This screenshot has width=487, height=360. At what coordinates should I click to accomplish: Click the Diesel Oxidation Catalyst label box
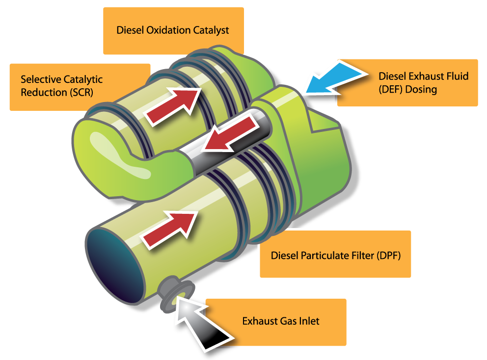173,30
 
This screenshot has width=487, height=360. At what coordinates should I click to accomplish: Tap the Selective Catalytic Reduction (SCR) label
79,86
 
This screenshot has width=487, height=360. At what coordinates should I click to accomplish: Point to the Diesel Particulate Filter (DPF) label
334,255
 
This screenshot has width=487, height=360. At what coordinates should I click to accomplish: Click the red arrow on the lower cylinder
169,224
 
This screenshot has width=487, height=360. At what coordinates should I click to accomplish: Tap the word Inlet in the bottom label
308,321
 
